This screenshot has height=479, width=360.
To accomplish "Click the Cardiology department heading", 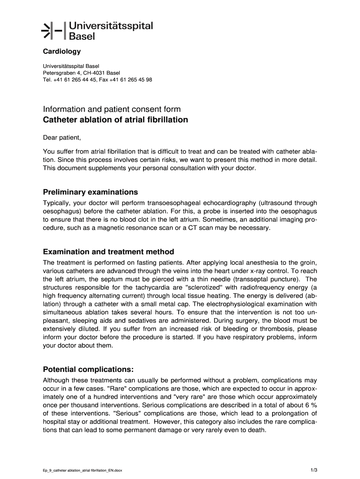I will [x=62, y=51].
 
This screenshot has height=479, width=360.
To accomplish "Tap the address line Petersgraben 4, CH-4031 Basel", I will [x=81, y=73].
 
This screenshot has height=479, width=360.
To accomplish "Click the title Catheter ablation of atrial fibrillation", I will [x=115, y=120].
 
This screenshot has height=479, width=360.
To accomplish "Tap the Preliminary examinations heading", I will [x=90, y=192].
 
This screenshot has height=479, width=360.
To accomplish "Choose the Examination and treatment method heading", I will [x=108, y=252].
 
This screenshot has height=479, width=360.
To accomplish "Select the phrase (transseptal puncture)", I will [x=261, y=279].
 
